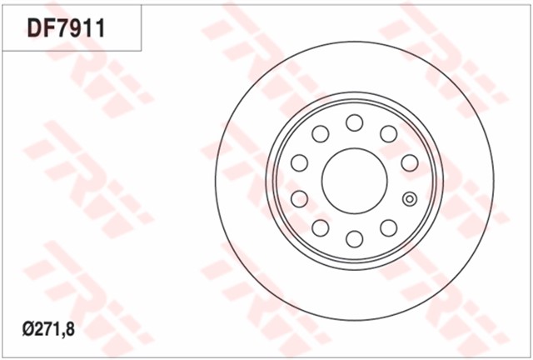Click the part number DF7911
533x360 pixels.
click(x=67, y=28)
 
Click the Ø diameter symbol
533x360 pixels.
click(x=28, y=329)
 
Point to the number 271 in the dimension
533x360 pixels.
click(x=47, y=329)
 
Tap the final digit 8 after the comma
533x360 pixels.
click(x=69, y=329)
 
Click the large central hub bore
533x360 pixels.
click(x=355, y=181)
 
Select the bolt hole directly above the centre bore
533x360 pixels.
click(x=355, y=122)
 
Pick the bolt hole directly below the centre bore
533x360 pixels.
click(x=355, y=238)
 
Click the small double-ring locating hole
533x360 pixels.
click(x=410, y=199)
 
